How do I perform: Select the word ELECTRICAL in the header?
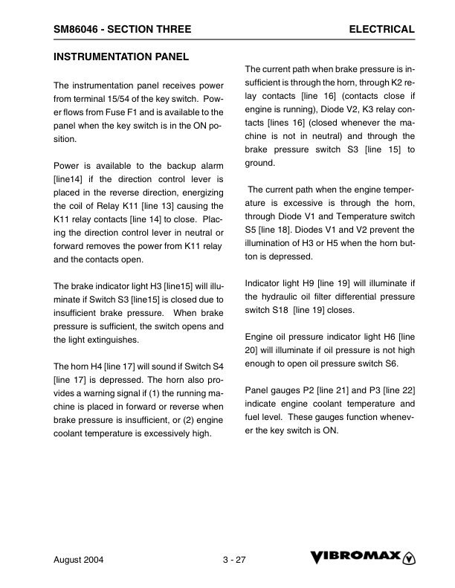pyautogui.click(x=381, y=29)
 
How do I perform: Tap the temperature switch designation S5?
pyautogui.click(x=251, y=230)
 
